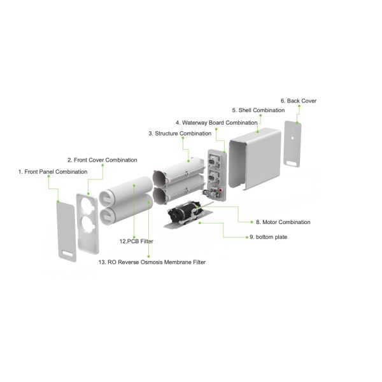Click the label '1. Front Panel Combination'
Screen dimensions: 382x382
click(x=52, y=171)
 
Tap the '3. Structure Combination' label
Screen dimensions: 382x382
click(x=180, y=134)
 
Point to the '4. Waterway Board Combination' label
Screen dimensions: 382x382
click(x=216, y=122)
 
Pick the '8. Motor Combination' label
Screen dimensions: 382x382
click(x=283, y=222)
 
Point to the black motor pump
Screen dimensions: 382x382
click(x=182, y=215)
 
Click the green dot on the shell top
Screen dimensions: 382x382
click(x=258, y=131)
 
